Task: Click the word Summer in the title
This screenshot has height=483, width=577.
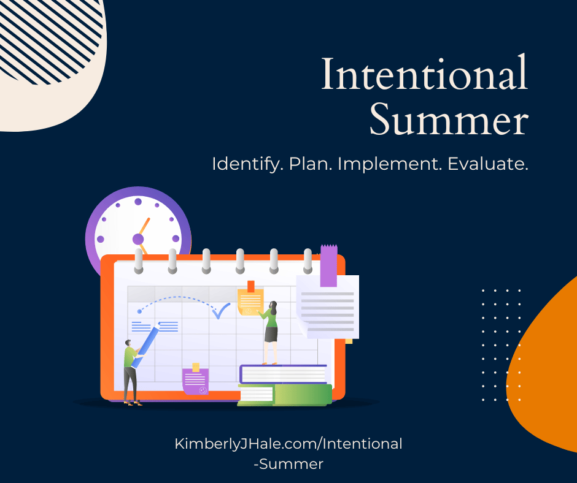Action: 449,119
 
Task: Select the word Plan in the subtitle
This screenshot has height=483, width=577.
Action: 310,164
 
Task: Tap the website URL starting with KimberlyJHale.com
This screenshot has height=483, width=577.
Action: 288,454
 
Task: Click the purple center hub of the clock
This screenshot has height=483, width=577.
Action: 138,239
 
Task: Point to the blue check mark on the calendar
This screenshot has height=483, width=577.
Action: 221,311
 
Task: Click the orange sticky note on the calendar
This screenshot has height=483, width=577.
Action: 250,300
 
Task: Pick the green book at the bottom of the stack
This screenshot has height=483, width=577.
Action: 285,395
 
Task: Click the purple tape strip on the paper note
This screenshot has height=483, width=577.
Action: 328,265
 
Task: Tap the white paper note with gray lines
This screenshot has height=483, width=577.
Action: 328,307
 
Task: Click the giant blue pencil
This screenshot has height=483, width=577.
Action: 145,345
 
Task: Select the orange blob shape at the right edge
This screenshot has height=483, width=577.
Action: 544,368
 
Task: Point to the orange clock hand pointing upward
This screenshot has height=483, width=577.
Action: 144,226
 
